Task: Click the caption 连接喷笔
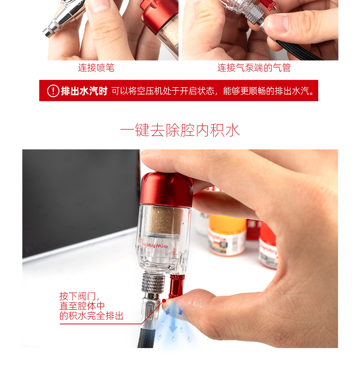96,68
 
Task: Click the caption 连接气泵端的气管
254,68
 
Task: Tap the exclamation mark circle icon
53,91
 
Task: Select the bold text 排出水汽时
84,91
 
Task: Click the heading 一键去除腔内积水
180,130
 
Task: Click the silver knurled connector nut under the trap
153,283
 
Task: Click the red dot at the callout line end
164,301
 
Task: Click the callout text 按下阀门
78,296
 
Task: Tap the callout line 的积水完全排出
91,316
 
